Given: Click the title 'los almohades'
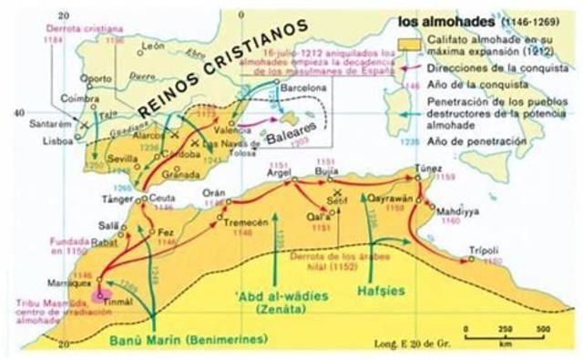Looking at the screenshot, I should pos(438,18).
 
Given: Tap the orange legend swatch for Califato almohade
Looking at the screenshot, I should pos(408,42).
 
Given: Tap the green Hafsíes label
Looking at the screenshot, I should pos(381,293).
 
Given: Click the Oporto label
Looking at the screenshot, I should pos(80,77).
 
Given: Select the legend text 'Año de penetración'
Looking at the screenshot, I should pos(470,142).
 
